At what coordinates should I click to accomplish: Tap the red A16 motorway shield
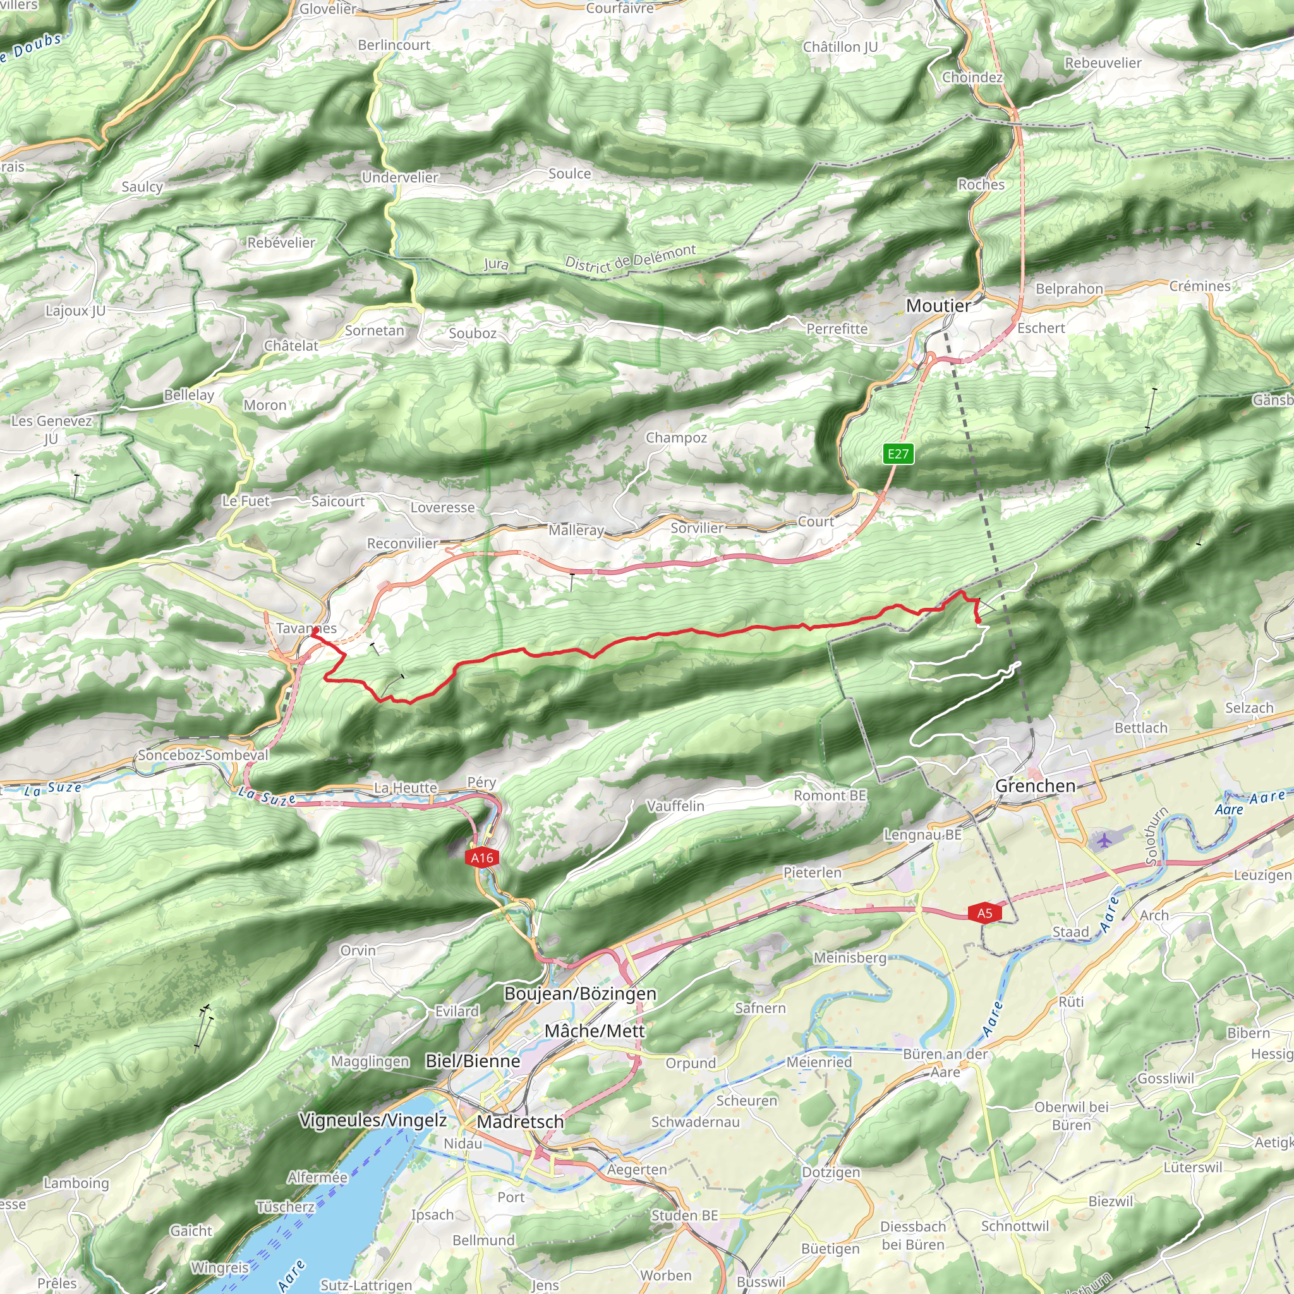(x=481, y=858)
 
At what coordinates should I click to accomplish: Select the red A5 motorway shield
(x=984, y=914)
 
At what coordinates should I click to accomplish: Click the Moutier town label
(x=938, y=306)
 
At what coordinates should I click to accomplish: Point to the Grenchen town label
(x=1035, y=785)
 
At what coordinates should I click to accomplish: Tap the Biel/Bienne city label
(x=473, y=1061)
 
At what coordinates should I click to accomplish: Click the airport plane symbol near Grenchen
(x=1104, y=838)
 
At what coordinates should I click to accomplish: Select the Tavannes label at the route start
(x=306, y=628)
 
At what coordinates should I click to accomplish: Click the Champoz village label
(x=676, y=437)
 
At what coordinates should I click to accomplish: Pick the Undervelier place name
(x=400, y=178)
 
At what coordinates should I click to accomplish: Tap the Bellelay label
(x=189, y=395)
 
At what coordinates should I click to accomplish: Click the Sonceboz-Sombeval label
(x=203, y=755)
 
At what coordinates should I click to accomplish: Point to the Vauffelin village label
(x=675, y=806)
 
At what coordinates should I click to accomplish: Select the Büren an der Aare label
(x=945, y=1063)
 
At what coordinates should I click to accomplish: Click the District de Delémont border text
(x=629, y=258)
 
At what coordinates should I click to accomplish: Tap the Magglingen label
(x=370, y=1061)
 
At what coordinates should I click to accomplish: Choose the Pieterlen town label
(x=812, y=872)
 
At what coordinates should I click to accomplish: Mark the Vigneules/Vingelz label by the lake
(x=372, y=1120)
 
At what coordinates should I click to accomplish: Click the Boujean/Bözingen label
(x=580, y=993)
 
